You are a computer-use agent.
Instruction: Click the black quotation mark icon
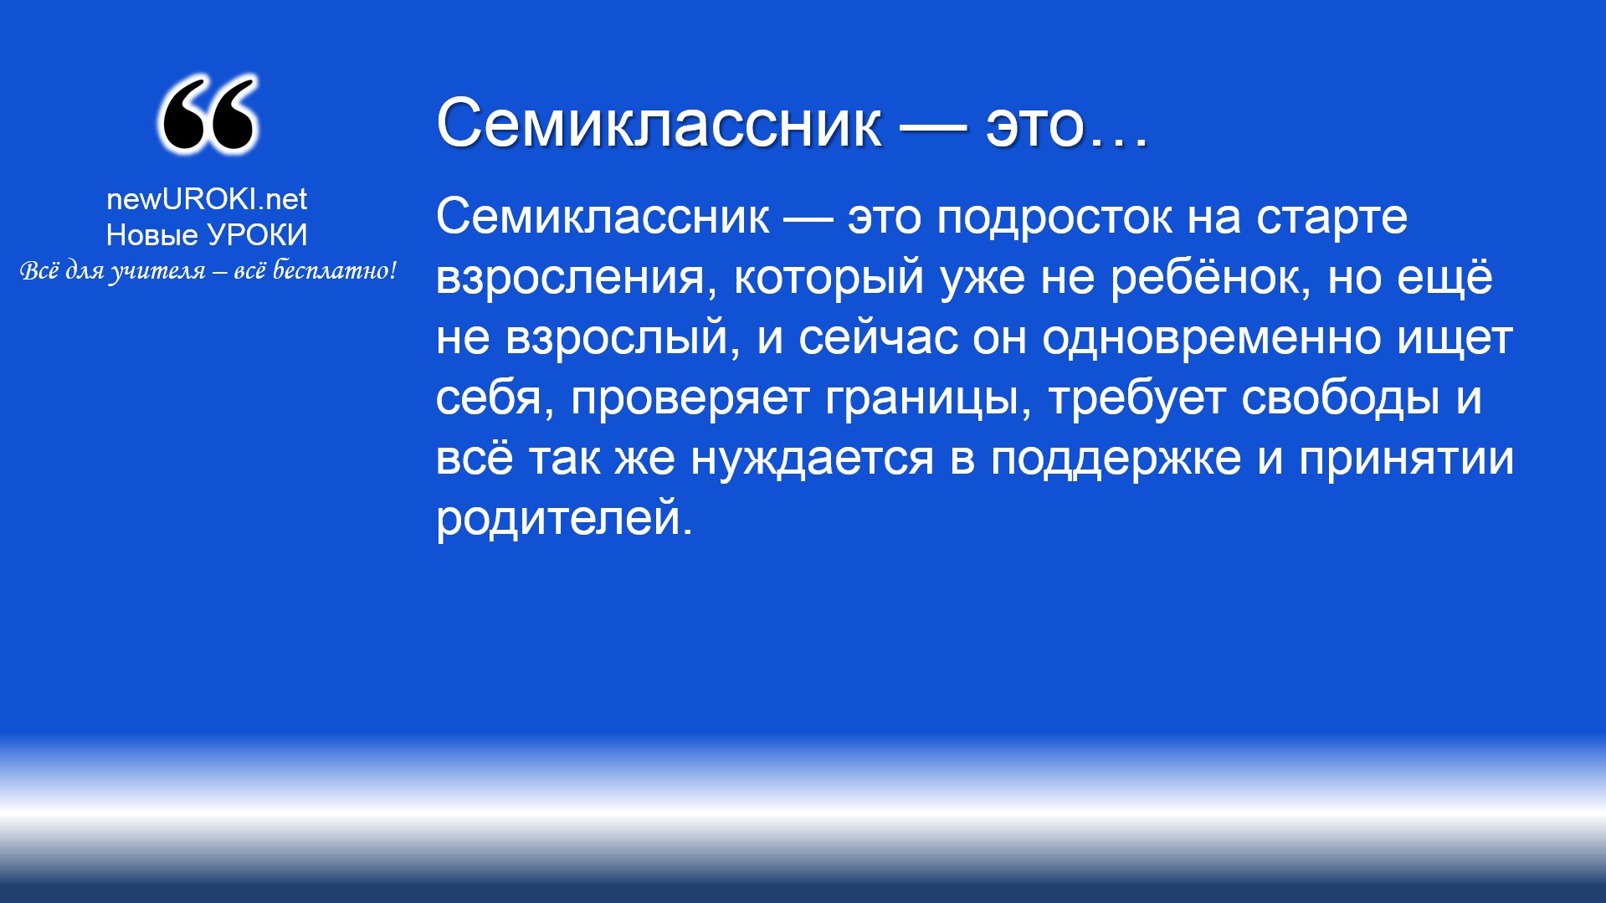point(208,115)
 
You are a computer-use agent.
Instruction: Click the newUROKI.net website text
point(207,199)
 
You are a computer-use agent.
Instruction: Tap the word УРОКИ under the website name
point(258,235)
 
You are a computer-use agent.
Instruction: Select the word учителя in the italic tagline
point(158,271)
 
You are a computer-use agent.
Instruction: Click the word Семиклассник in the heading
point(659,123)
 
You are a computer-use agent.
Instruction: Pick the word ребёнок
point(1210,276)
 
